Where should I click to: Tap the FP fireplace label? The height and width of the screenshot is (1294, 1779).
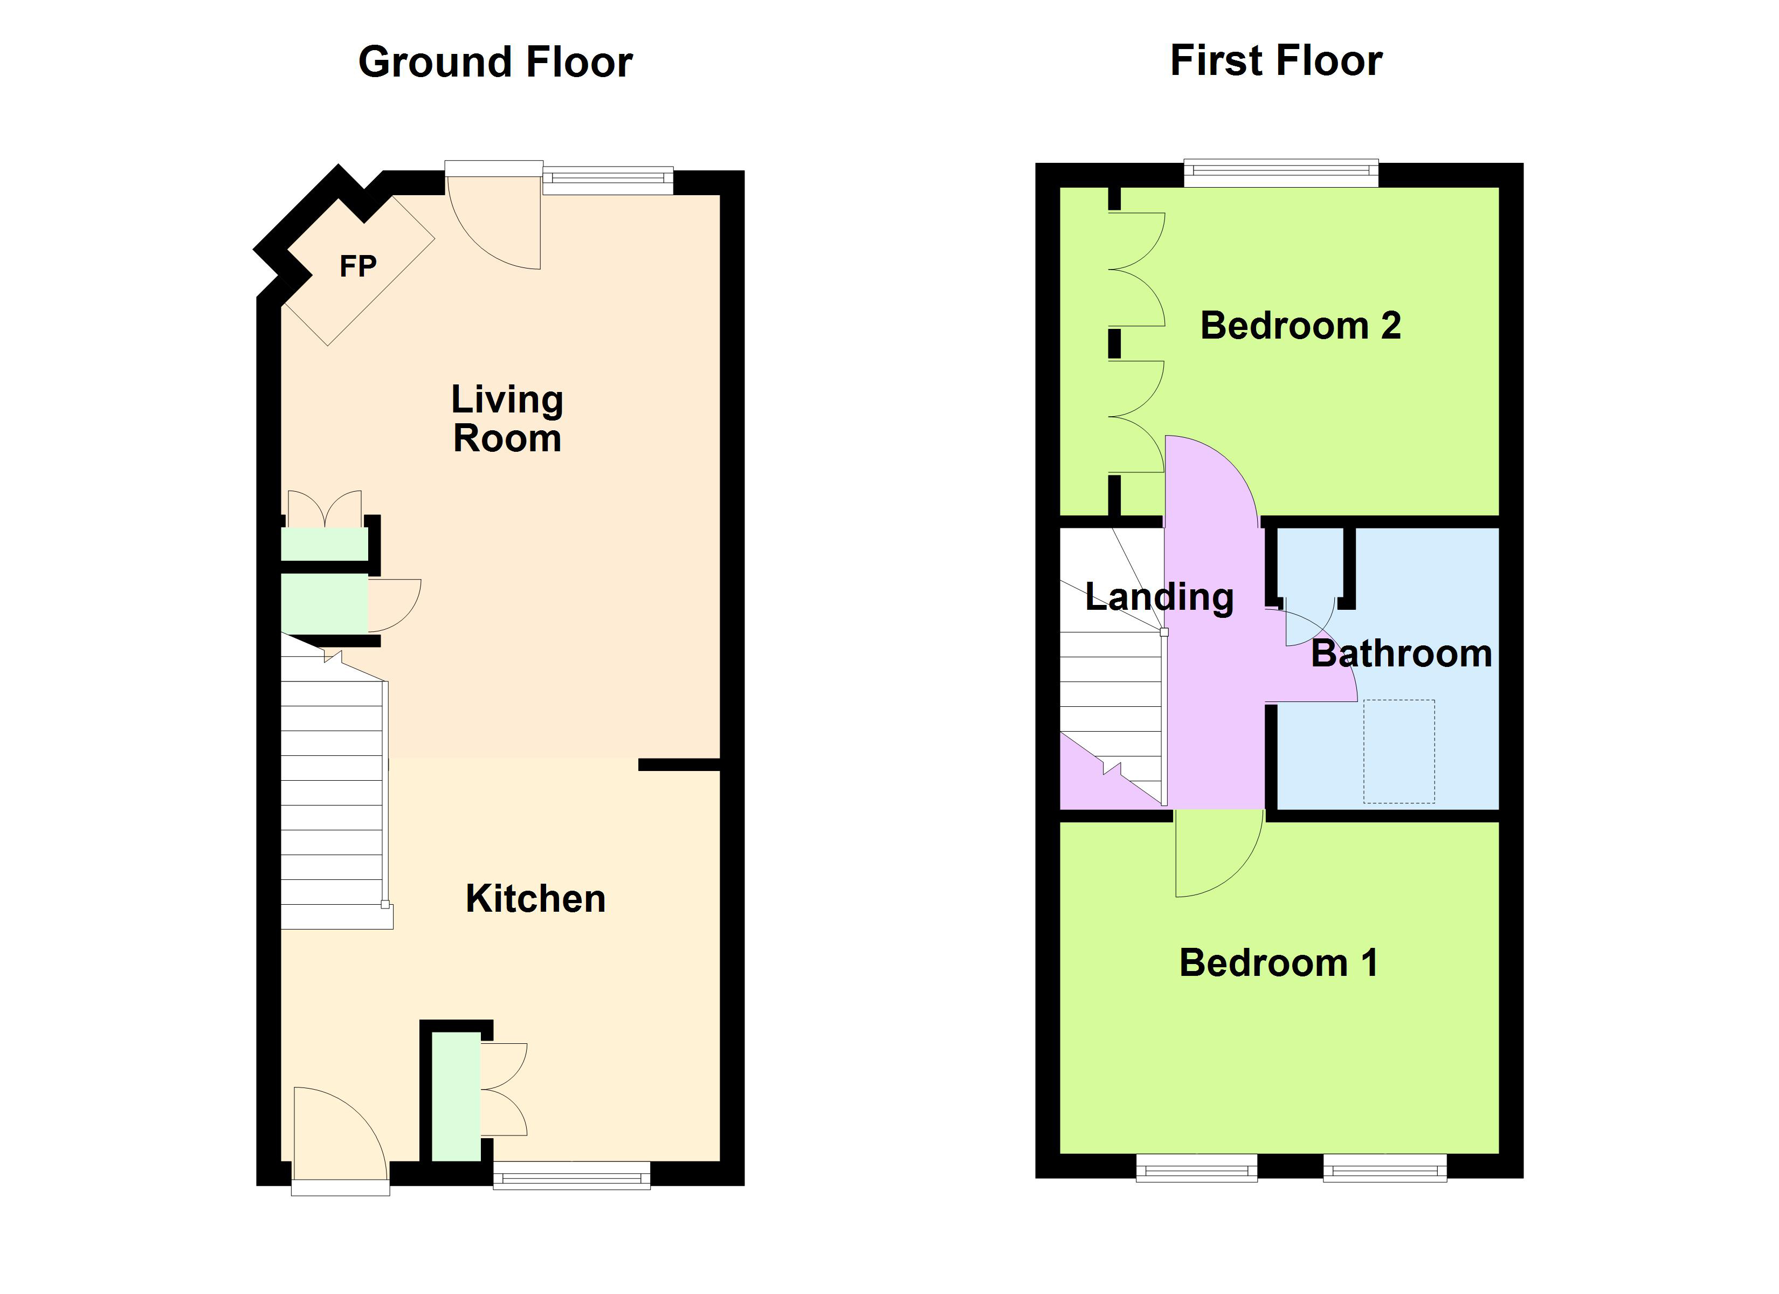pyautogui.click(x=357, y=267)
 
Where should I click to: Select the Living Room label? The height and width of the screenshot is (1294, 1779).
pyautogui.click(x=507, y=419)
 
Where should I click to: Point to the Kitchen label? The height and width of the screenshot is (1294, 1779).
pyautogui.click(x=536, y=898)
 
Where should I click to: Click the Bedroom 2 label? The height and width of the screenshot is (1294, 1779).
pyautogui.click(x=1300, y=326)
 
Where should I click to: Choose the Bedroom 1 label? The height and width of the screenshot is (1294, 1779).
pyautogui.click(x=1279, y=963)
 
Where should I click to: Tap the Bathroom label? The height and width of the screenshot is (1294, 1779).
pyautogui.click(x=1401, y=653)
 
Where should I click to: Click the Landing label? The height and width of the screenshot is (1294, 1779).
pyautogui.click(x=1160, y=597)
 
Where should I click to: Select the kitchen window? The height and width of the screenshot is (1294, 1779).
pyautogui.click(x=572, y=1175)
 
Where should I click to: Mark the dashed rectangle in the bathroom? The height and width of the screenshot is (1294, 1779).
pyautogui.click(x=1398, y=751)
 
